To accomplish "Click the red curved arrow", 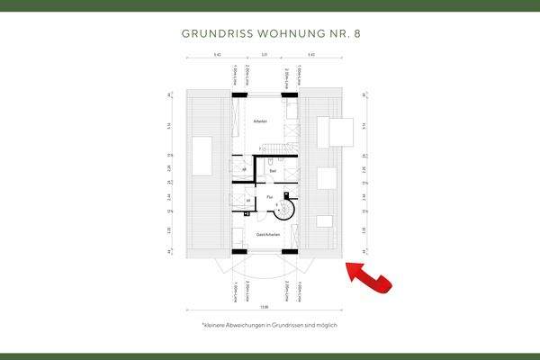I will coord(369,277).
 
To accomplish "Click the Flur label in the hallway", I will coord(269,195).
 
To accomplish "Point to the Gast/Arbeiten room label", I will coord(268,235).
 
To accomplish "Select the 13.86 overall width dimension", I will coord(264,308).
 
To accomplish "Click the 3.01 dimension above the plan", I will coord(264,58).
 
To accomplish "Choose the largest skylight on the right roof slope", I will coord(337,131).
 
